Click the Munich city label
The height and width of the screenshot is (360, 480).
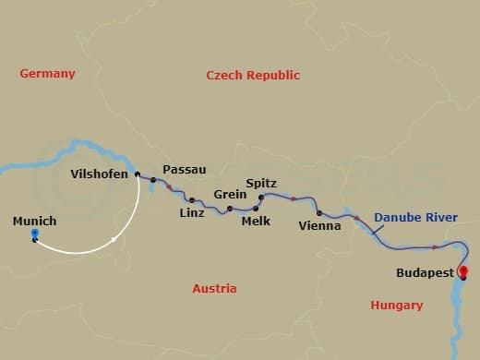[x=34, y=222]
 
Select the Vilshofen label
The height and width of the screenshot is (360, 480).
[x=100, y=174]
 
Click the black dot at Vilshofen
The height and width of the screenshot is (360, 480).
[x=138, y=174]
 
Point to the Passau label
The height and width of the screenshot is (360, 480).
[x=184, y=170]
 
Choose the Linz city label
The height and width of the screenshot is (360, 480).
[x=192, y=213]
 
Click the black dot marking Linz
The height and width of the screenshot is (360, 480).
[x=192, y=199]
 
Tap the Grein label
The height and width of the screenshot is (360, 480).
[x=230, y=195]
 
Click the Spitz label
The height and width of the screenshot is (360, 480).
[x=262, y=184]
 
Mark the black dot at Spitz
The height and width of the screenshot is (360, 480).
[x=261, y=198]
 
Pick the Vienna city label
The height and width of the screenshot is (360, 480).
[x=320, y=225]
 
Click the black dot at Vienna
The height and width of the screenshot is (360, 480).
[x=318, y=213]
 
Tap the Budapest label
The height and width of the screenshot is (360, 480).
[x=425, y=273]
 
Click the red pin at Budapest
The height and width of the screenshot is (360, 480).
[x=462, y=271]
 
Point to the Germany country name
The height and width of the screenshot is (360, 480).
[x=47, y=74]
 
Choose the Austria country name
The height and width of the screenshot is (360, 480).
[x=214, y=288]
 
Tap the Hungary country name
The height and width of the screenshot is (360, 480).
[x=396, y=305]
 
